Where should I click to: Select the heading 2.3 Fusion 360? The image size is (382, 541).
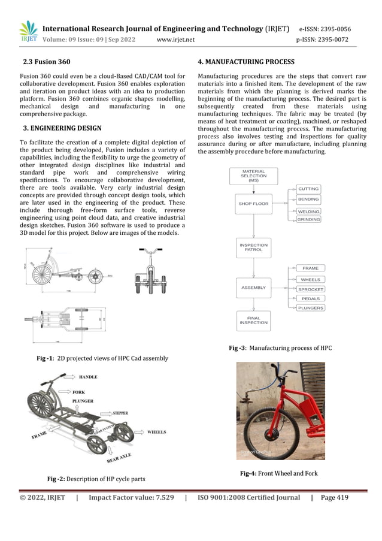[46, 62]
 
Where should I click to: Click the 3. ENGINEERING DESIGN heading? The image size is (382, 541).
[62, 128]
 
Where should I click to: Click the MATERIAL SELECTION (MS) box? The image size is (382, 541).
[253, 176]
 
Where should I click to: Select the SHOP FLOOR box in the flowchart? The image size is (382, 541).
[253, 204]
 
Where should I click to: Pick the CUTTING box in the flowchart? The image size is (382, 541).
[309, 189]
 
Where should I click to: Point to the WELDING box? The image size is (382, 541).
[309, 211]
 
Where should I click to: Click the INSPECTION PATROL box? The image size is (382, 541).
[253, 247]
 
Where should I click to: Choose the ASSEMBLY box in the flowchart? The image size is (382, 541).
[253, 288]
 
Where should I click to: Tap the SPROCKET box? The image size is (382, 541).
[311, 289]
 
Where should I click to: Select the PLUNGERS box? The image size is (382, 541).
[311, 308]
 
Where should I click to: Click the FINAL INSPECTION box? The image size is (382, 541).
[253, 321]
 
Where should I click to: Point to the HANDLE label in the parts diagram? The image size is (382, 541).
[88, 377]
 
